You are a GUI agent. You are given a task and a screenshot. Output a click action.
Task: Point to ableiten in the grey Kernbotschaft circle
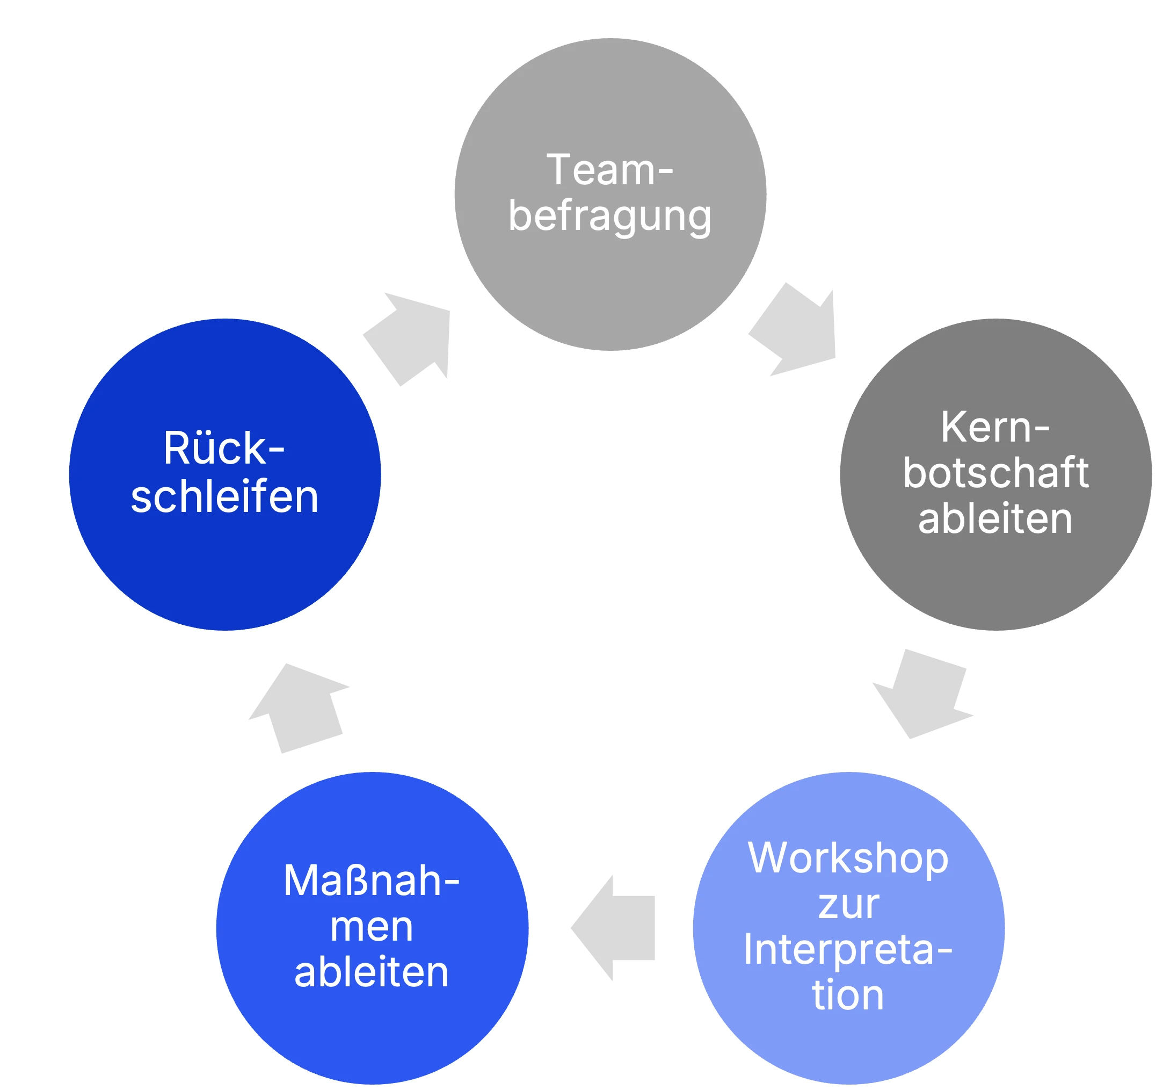pos(995,519)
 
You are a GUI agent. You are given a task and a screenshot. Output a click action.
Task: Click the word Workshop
pos(848,858)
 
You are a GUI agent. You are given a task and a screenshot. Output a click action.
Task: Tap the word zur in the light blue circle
pos(848,905)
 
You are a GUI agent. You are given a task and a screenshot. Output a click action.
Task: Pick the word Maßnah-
pos(372,881)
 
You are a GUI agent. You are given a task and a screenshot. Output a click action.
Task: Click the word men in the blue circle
pos(372,927)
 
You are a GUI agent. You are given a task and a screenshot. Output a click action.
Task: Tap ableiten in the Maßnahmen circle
pos(372,973)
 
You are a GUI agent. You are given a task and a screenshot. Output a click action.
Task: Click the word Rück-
pos(224,449)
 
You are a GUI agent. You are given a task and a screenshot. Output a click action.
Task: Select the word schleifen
pos(224,497)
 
